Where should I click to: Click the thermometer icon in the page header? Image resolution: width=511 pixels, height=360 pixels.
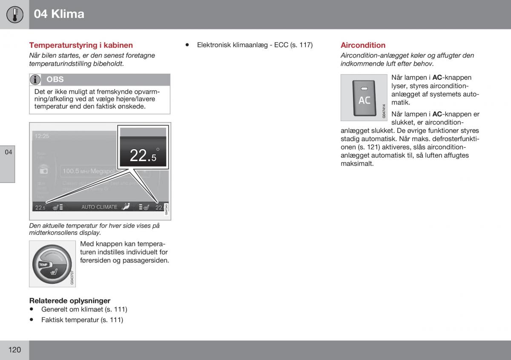coord(14,14)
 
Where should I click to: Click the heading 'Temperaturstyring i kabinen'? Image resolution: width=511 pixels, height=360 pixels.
coord(81,45)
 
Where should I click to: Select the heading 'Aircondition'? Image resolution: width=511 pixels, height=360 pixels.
coord(363,45)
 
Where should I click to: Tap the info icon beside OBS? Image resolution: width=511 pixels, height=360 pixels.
coord(35,80)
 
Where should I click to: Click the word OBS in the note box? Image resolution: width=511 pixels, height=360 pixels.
coord(55,80)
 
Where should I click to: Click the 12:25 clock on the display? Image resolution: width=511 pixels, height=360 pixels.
coord(42,136)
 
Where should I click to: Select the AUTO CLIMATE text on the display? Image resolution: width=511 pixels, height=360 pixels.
coord(99,207)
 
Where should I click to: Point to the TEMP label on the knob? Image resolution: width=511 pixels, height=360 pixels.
coord(43,265)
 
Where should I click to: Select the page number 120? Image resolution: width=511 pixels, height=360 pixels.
coord(14,350)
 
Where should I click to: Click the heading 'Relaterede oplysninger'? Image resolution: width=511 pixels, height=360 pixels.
coord(69,301)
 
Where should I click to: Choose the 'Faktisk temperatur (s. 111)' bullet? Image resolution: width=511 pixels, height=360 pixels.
coord(82,320)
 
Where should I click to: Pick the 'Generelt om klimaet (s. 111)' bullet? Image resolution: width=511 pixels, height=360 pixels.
coord(84,309)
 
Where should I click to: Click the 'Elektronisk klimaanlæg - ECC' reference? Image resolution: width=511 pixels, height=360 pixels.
coord(255,45)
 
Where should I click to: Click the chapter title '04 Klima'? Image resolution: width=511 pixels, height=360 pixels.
coord(59,14)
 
